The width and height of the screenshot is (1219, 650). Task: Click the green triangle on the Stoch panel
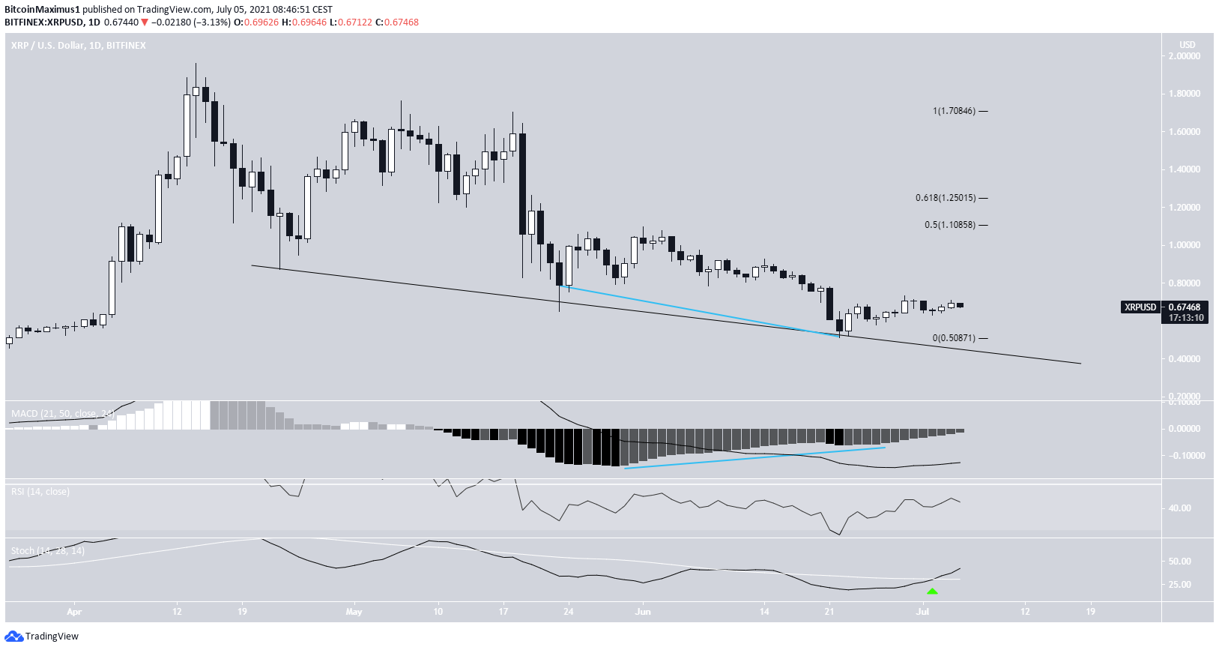click(x=931, y=592)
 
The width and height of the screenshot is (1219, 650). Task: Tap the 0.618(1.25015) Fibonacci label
click(x=946, y=198)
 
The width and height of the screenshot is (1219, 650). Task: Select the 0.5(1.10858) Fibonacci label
click(x=950, y=225)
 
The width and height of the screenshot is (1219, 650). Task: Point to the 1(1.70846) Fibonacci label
click(x=954, y=111)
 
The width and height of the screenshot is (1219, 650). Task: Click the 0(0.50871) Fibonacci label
click(x=954, y=338)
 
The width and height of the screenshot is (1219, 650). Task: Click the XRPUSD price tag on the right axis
click(x=1140, y=307)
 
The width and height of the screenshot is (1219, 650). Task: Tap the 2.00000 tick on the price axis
click(x=1185, y=56)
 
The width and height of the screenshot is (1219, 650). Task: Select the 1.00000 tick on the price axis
click(x=1185, y=245)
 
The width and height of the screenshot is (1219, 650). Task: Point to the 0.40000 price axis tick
click(x=1185, y=359)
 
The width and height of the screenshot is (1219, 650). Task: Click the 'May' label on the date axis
click(x=354, y=612)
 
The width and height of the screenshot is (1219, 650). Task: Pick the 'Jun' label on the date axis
click(x=643, y=612)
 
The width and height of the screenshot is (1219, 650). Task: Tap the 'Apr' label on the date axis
click(x=73, y=612)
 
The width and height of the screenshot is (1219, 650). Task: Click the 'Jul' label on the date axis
click(x=922, y=612)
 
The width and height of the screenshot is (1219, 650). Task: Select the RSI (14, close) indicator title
click(x=40, y=492)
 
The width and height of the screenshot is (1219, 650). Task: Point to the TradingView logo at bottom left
click(x=42, y=637)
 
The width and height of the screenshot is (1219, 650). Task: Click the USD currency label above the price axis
click(x=1187, y=45)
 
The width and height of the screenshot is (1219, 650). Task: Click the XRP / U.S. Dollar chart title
click(x=79, y=46)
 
